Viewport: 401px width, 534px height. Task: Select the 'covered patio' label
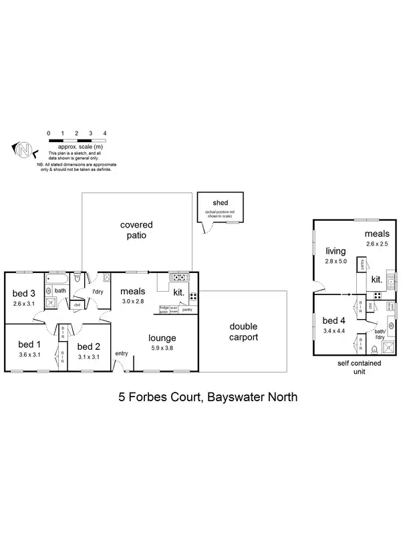point(136,230)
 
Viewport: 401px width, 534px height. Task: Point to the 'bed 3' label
point(25,294)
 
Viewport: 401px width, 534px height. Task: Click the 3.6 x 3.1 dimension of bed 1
point(29,354)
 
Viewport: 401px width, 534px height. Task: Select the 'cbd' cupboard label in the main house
point(77,305)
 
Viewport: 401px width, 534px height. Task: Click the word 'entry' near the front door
point(122,354)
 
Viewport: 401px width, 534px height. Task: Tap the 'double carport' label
point(245,332)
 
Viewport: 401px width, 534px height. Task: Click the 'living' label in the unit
point(336,251)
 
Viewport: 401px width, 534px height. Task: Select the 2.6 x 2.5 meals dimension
point(377,244)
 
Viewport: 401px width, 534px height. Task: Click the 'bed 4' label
point(334,320)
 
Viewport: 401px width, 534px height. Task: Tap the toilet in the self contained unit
point(374,349)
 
